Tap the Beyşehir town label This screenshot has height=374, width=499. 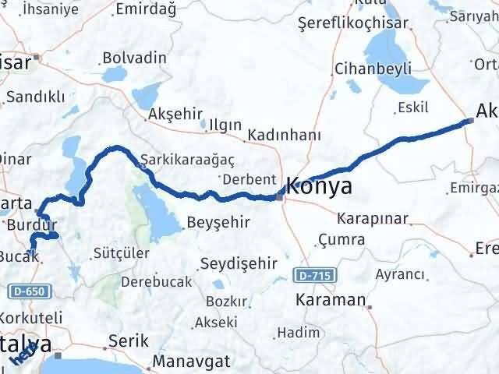pos(218,223)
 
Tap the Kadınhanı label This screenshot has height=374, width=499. pos(284,136)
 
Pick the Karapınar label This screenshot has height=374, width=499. pos(372,218)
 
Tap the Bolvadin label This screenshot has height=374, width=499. pos(135,58)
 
